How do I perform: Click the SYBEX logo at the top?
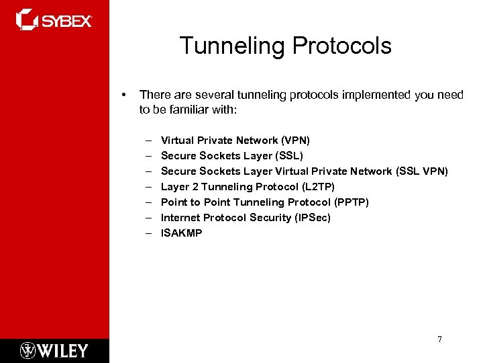[x=54, y=20]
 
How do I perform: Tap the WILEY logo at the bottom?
[x=54, y=350]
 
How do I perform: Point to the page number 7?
[x=439, y=339]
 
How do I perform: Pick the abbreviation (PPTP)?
[x=352, y=202]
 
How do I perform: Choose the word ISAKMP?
[x=181, y=233]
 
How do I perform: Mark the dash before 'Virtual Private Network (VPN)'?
[x=147, y=140]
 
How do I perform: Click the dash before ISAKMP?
[x=147, y=233]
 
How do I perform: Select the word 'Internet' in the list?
[x=181, y=218]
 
